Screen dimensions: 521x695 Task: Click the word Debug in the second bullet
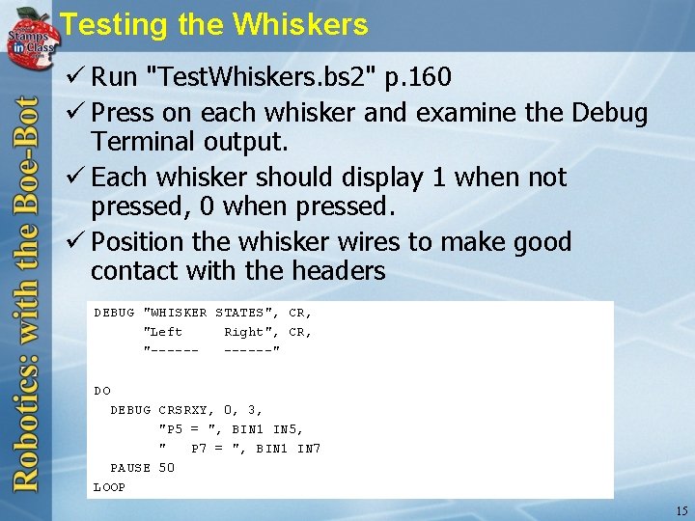pos(609,113)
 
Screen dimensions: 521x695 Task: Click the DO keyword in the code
pos(102,391)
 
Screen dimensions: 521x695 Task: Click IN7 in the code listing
pos(309,449)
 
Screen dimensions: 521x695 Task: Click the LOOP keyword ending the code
pos(109,487)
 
